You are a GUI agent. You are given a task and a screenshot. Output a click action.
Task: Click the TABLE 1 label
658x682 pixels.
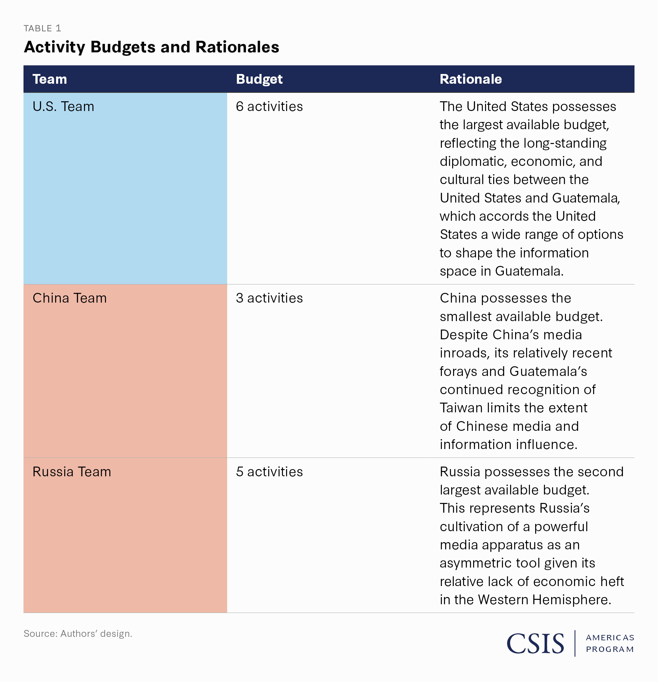[42, 28]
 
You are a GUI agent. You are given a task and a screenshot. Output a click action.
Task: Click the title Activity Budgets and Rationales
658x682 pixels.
[151, 47]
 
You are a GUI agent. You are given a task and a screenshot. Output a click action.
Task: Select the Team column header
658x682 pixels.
[50, 79]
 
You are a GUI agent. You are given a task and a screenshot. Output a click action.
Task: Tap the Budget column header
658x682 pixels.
[259, 79]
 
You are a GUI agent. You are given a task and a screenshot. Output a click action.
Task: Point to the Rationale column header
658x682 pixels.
[471, 79]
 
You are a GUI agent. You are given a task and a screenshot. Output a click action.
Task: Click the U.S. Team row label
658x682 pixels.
[63, 107]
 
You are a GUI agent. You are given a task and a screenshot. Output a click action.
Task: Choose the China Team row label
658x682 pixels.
[70, 298]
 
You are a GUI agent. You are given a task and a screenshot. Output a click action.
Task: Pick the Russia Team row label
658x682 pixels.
[72, 472]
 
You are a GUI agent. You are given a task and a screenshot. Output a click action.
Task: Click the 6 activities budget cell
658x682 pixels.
[269, 107]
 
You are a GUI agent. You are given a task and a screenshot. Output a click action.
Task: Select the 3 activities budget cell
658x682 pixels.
[269, 298]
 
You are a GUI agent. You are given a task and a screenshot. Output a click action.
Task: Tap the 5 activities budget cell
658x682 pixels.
[269, 472]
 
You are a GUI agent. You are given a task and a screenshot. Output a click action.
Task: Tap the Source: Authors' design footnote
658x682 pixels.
[78, 634]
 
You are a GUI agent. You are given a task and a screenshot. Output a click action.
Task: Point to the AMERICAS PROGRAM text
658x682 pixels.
[610, 643]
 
